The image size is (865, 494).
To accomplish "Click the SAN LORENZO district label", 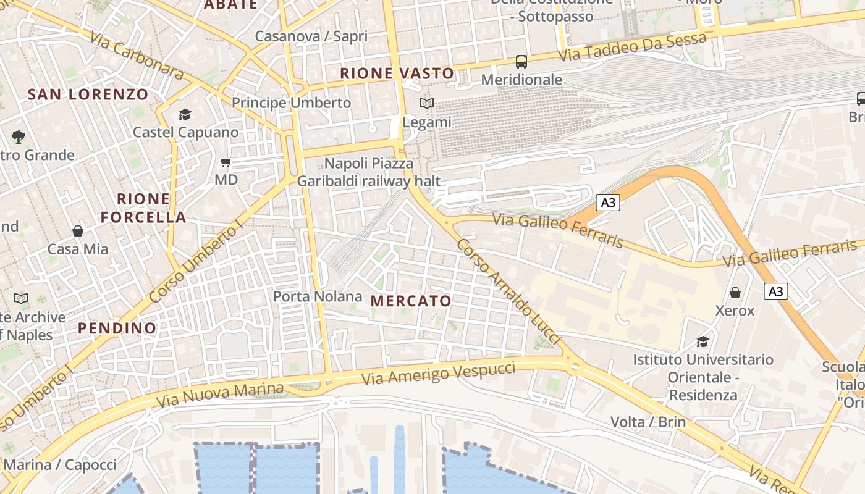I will pos(88,94).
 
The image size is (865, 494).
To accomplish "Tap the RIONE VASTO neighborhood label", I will pos(397,73).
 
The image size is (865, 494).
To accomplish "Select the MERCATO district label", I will pos(411,301).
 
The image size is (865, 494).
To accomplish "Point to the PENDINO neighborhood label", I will pos(117,328).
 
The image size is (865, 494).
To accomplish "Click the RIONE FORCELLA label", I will pos(143,208).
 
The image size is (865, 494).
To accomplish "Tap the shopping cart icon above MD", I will pos(226,162).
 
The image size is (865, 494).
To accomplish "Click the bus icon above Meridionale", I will pos(521,61).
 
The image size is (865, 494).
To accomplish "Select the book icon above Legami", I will pos(427,104).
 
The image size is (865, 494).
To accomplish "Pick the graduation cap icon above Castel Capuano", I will pos(185,114).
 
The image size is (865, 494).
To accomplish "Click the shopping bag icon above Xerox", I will pos(735,292).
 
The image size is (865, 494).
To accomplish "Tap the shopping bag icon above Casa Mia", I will pos(78,231).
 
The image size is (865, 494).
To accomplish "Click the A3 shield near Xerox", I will pos(776,291).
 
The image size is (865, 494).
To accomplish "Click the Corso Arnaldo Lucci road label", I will pos(508,292).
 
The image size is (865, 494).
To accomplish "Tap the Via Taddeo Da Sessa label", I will pos(632,48).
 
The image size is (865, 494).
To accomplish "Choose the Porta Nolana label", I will pos(318,296).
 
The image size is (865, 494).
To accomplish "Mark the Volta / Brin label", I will pos(648,422).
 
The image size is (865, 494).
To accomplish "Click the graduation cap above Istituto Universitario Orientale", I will pos(703,341).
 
